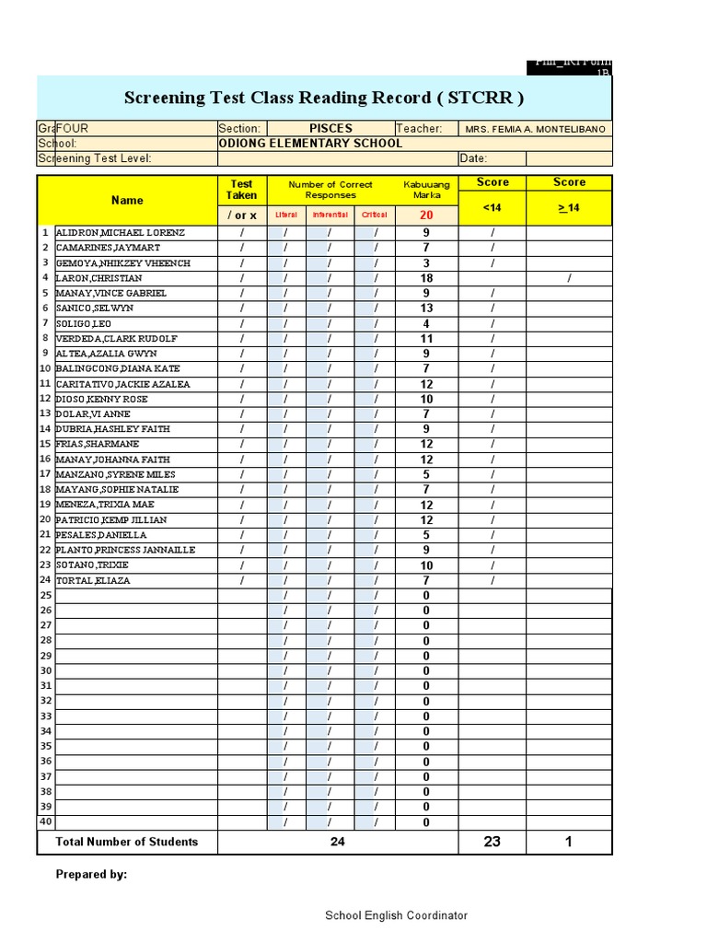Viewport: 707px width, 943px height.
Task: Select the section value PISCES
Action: tap(330, 129)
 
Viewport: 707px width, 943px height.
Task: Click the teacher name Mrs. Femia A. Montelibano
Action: tap(536, 130)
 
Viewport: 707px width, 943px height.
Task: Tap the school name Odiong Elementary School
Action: tap(310, 144)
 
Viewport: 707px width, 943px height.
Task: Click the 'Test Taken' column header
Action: tap(242, 190)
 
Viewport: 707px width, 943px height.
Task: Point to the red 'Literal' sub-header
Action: tap(286, 215)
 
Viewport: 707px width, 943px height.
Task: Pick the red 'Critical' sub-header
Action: tap(375, 215)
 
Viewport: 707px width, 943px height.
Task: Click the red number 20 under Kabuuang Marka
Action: tap(426, 215)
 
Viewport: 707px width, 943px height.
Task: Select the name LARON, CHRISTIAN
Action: tap(99, 278)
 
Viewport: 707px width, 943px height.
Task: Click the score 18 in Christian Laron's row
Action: tap(426, 278)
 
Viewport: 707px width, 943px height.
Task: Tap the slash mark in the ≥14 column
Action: tap(569, 278)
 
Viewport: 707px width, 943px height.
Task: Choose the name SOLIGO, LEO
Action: tap(84, 324)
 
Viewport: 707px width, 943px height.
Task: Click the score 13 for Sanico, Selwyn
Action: tap(426, 309)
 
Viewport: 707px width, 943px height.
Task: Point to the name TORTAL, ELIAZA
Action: tap(93, 581)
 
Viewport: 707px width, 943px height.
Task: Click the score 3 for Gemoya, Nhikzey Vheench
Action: tap(426, 263)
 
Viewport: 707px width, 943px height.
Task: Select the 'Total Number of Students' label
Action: tap(127, 842)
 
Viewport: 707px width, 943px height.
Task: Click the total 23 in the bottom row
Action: tap(493, 842)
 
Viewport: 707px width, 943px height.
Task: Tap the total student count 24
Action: tap(338, 842)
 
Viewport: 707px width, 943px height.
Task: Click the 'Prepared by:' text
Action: tap(92, 875)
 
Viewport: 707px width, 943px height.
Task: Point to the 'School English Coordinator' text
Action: tap(396, 915)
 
